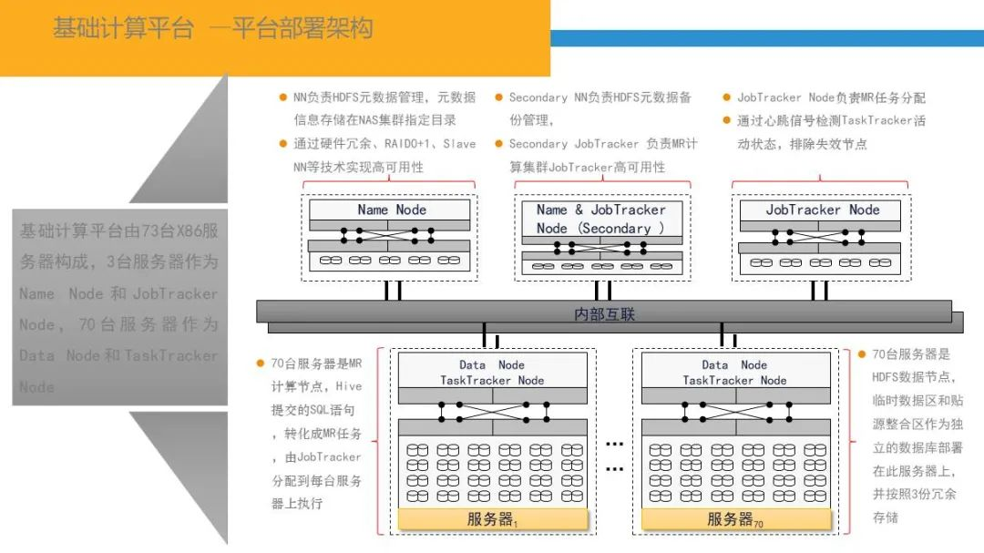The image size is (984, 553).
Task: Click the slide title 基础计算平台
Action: [123, 28]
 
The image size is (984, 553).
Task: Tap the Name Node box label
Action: [392, 210]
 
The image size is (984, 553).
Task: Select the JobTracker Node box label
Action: [823, 210]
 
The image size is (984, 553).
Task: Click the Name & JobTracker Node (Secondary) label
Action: [601, 219]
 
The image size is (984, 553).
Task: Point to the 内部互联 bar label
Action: [604, 314]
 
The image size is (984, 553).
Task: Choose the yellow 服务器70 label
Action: [735, 520]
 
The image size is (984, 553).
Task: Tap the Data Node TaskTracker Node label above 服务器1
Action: [492, 373]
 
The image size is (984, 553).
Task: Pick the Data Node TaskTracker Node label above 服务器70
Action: [734, 373]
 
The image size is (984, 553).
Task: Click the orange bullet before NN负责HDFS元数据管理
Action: [283, 97]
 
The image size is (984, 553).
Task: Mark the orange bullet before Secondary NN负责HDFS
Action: [499, 97]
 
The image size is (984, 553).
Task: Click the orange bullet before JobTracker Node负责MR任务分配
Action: [727, 97]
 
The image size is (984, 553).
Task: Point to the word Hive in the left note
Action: [349, 386]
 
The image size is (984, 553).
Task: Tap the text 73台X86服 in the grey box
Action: [175, 231]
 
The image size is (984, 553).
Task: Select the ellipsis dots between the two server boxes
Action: [614, 456]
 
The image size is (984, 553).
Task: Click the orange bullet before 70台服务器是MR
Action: [261, 363]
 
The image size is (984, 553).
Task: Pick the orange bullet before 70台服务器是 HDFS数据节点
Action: [862, 354]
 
